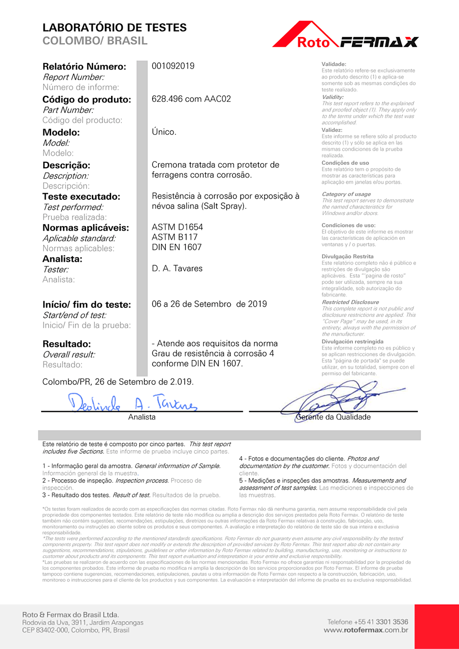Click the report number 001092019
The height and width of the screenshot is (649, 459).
tap(173, 66)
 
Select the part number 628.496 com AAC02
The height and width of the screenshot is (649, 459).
tap(191, 99)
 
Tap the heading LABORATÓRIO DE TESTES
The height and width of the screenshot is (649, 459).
tap(115, 28)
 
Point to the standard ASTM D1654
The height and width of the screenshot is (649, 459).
tap(177, 227)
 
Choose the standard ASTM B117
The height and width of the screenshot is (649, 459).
tap(174, 237)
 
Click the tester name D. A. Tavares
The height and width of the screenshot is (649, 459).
tap(177, 269)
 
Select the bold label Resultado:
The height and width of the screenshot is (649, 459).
tap(66, 344)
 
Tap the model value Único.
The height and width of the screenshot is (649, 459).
tap(164, 132)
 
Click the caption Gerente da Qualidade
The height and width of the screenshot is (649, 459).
tap(333, 417)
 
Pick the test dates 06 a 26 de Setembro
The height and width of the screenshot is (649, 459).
tap(209, 304)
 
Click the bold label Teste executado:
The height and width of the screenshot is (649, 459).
tap(81, 197)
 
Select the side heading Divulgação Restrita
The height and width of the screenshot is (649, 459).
tap(347, 257)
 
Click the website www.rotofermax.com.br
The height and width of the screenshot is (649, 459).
tap(366, 630)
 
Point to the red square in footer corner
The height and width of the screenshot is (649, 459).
tap(436, 627)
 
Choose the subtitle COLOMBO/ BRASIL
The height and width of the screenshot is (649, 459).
tap(95, 41)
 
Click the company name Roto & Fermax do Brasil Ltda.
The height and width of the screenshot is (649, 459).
tap(70, 615)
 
